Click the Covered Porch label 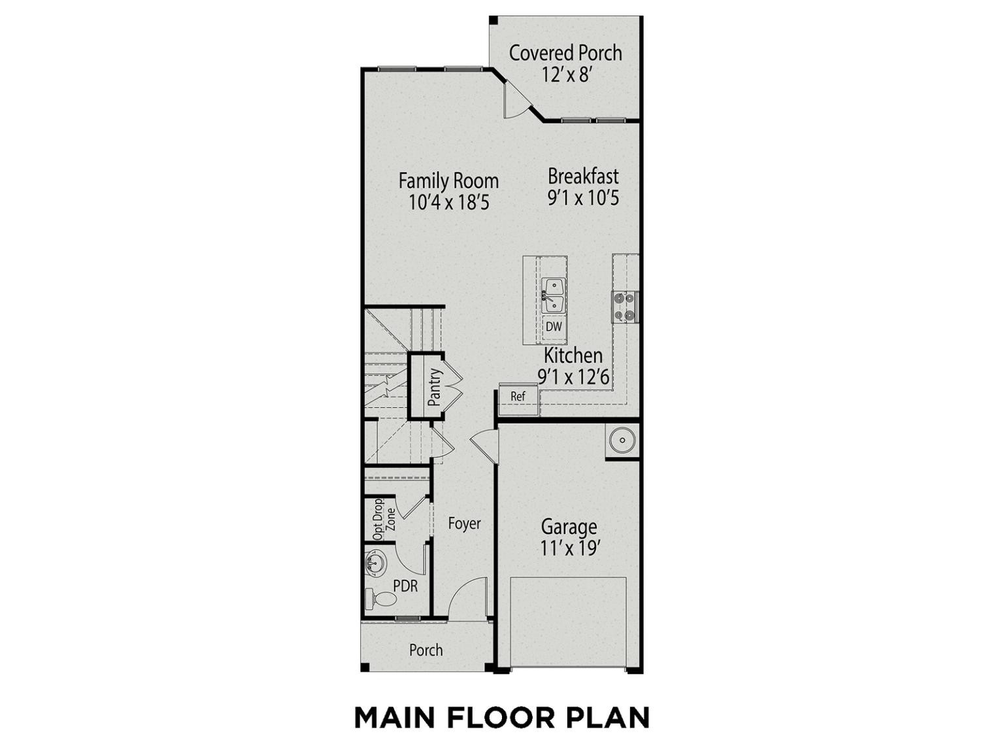pyautogui.click(x=565, y=53)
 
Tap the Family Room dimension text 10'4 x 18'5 pyautogui.click(x=448, y=202)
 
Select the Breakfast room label pyautogui.click(x=583, y=176)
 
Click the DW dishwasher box pyautogui.click(x=554, y=327)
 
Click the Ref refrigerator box pyautogui.click(x=518, y=396)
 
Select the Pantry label pyautogui.click(x=434, y=387)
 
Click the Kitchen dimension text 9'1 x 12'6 pyautogui.click(x=574, y=377)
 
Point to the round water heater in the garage pyautogui.click(x=622, y=441)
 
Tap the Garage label pyautogui.click(x=569, y=527)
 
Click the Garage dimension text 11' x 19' pyautogui.click(x=570, y=548)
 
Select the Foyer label pyautogui.click(x=464, y=524)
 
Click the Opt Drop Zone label pyautogui.click(x=384, y=520)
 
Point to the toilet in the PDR pyautogui.click(x=380, y=599)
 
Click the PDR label pyautogui.click(x=406, y=586)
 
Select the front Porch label pyautogui.click(x=426, y=650)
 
